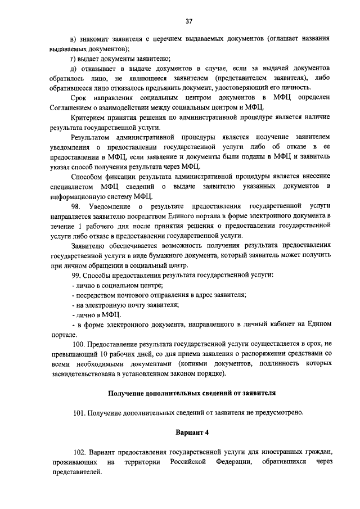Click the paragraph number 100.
click(x=79, y=344)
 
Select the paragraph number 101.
click(x=79, y=412)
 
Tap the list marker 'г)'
click(x=74, y=58)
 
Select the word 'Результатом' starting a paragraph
click(x=93, y=137)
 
